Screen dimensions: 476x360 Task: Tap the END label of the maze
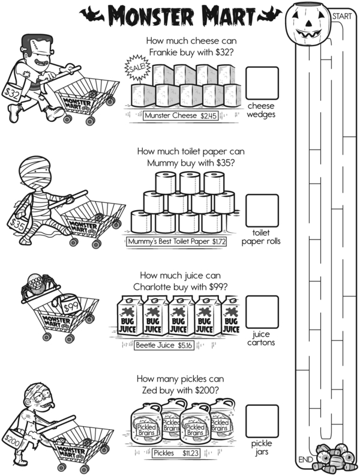coord(304,460)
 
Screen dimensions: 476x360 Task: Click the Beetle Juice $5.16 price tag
coord(164,346)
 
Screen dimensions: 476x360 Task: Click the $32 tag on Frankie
coord(13,94)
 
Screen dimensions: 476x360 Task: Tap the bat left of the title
coord(91,13)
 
